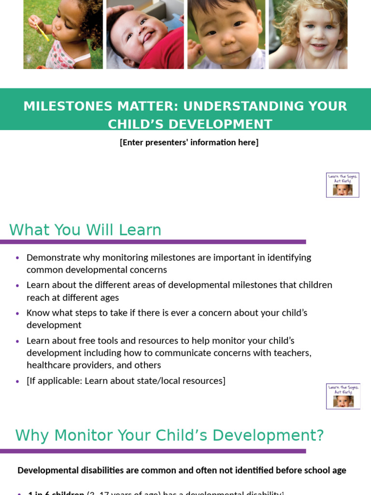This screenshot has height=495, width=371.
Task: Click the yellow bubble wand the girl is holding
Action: pos(43,32)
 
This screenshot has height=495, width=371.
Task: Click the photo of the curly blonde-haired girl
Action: pos(308,34)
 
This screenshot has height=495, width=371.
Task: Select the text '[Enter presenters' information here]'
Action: pos(189,143)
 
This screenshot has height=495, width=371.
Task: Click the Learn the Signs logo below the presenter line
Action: pos(342,185)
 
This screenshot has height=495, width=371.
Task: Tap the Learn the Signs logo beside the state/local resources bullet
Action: pos(343,396)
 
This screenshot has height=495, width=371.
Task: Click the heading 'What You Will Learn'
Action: pos(85,230)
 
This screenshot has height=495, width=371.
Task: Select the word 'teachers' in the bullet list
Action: pos(290,353)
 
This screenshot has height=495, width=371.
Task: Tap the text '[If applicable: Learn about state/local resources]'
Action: pos(126,381)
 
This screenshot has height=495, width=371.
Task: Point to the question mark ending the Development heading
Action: pos(319,435)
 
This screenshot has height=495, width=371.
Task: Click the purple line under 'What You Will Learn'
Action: pos(153,242)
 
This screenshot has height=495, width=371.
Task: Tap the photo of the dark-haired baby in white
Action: pos(226,34)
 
